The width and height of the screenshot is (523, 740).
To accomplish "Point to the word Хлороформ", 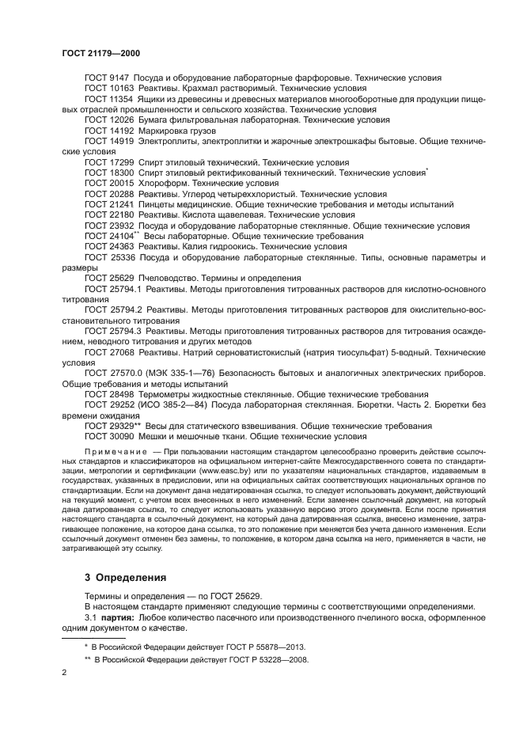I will point(164,182).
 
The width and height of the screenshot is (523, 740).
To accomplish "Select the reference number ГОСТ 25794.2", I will point(112,309).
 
